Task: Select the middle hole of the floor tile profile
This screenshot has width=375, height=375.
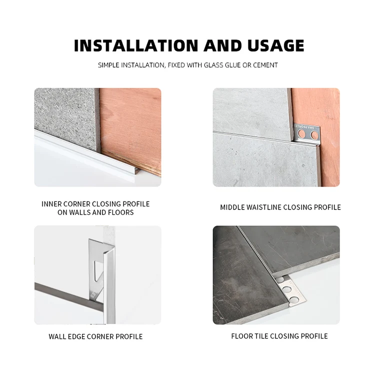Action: [287, 289]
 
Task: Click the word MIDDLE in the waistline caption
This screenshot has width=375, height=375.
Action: [233, 207]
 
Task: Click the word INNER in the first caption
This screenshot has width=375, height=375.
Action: [52, 204]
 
